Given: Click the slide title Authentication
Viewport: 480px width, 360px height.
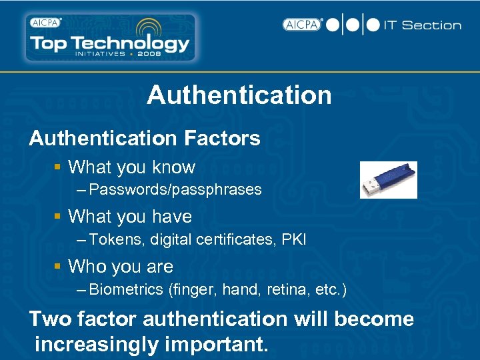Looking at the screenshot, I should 239,95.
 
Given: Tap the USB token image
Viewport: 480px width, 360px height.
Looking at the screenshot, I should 389,180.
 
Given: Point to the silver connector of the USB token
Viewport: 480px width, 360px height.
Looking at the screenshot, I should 368,189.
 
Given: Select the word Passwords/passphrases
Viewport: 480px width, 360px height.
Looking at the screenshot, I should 175,190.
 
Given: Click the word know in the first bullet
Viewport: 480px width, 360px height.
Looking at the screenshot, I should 173,167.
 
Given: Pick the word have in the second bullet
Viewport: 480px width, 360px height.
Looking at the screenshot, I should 172,217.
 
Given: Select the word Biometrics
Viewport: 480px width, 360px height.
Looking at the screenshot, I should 126,289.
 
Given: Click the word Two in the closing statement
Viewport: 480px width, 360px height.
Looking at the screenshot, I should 50,319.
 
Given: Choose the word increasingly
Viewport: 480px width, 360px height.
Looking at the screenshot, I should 100,345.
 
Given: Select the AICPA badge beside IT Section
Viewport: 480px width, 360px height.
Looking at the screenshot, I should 302,25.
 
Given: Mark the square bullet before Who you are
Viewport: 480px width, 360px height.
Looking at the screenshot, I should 59,267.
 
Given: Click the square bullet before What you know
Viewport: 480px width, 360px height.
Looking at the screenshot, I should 59,167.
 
